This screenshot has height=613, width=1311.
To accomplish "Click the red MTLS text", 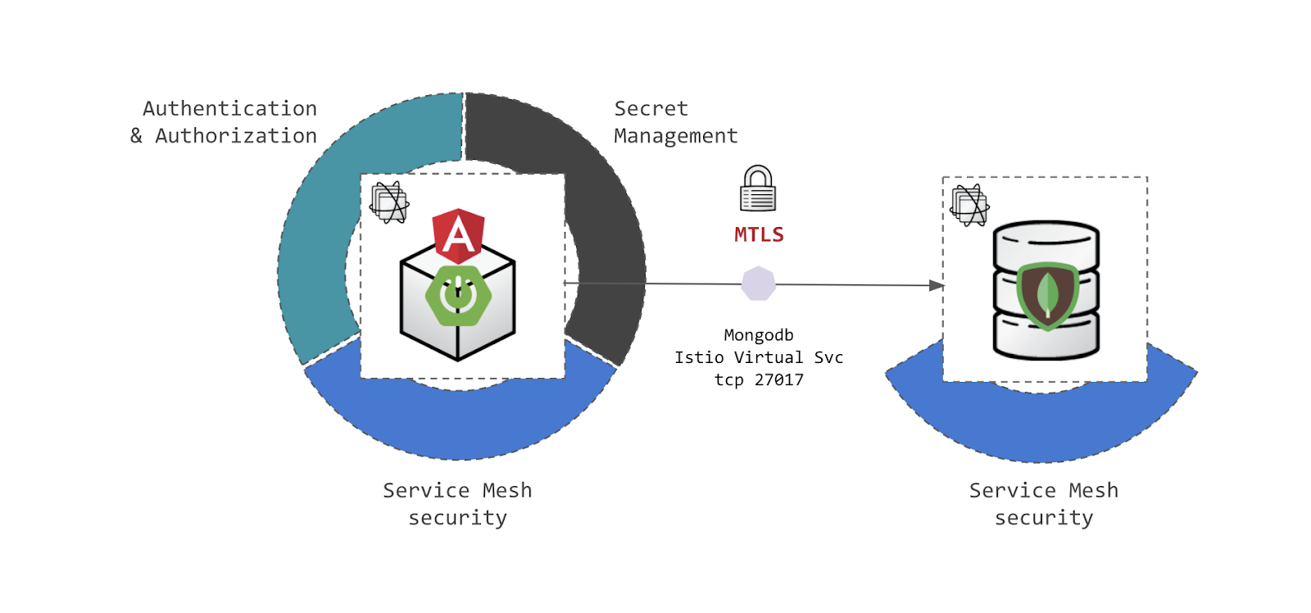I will coord(759,235).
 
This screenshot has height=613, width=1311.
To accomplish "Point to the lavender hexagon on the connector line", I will coord(759,284).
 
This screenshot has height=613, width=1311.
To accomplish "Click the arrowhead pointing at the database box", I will coord(936,285).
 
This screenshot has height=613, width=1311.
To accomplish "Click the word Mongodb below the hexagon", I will coord(759,335).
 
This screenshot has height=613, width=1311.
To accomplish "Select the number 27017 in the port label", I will coord(779,380).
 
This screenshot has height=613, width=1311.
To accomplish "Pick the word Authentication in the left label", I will coord(229,109).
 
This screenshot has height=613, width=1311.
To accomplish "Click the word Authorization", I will coord(236,136).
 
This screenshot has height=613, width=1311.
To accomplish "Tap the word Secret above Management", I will coord(651,109).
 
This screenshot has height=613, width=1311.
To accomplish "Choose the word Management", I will coord(676,136).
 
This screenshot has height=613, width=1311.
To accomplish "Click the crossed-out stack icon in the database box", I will coord(969,205).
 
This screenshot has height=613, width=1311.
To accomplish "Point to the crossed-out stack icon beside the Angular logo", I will coord(389,202).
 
